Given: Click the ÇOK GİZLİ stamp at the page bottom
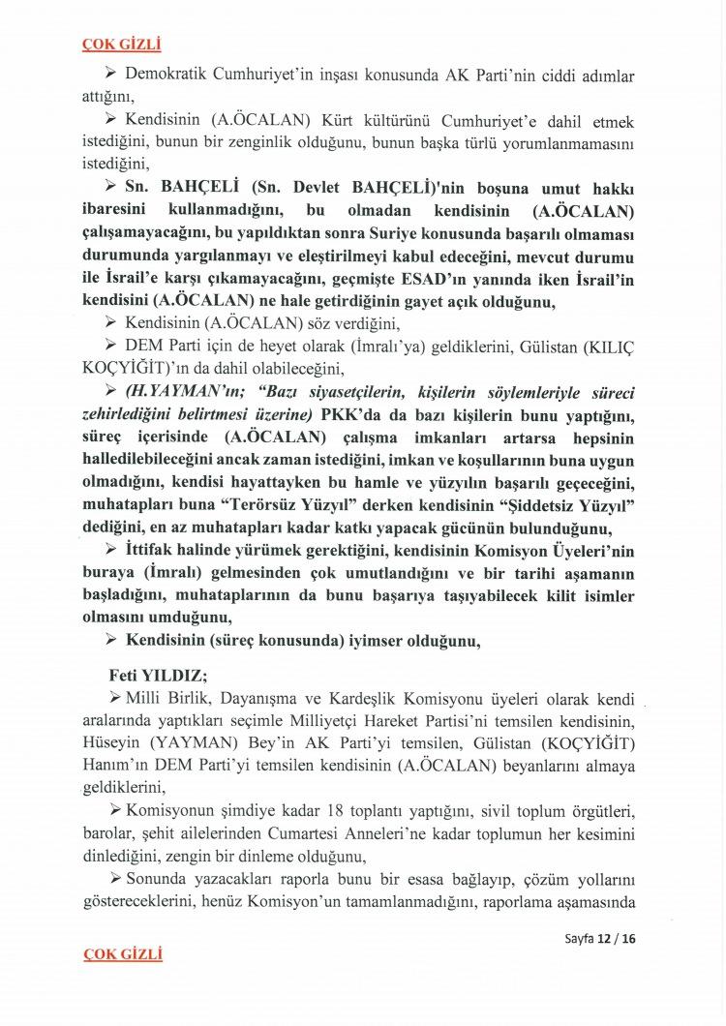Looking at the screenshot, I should pos(122,954).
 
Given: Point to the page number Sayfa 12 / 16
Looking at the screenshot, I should pos(600,939).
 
